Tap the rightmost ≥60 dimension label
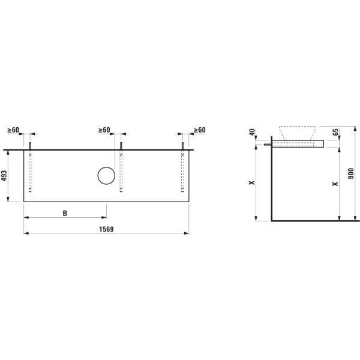(x=199, y=130)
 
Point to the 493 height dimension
(x=4, y=176)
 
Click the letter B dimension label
(x=65, y=213)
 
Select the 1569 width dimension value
(x=106, y=229)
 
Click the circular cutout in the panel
(x=106, y=176)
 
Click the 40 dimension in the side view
(x=252, y=132)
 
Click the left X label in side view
(x=252, y=183)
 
